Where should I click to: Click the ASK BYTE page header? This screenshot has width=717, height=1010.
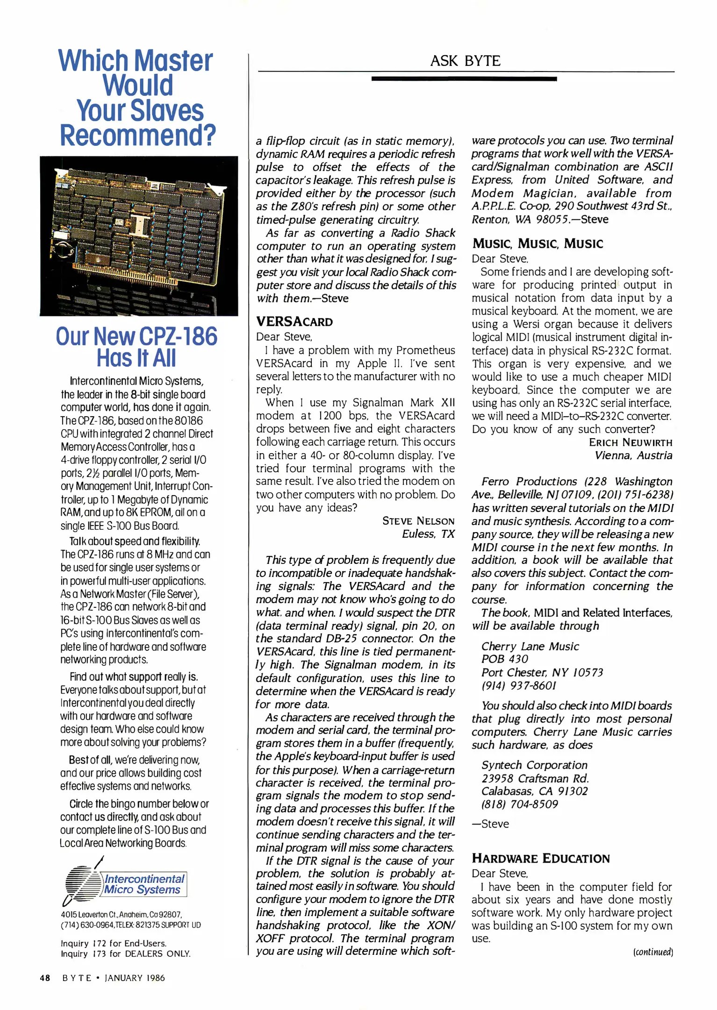465,61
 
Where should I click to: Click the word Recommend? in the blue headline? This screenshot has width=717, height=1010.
138,135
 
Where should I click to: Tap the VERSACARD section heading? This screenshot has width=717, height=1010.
294,322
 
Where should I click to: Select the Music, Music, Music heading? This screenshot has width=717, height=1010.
538,244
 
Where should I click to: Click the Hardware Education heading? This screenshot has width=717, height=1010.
541,858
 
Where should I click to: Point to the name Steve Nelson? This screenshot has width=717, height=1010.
418,521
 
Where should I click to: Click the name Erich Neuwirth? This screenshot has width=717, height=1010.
630,442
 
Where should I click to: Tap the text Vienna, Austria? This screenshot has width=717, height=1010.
633,455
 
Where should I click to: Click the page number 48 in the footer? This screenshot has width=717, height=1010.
45,978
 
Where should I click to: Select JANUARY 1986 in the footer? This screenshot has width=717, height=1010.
135,978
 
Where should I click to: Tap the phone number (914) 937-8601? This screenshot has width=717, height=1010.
519,685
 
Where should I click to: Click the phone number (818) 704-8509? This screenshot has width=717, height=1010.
520,804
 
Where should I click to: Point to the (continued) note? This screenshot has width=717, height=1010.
653,952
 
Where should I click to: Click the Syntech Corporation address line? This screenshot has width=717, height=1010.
534,765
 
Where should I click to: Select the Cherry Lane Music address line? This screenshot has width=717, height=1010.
530,646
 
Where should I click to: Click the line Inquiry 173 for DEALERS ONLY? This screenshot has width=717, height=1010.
125,953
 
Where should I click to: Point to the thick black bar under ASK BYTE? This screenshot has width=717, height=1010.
464,79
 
